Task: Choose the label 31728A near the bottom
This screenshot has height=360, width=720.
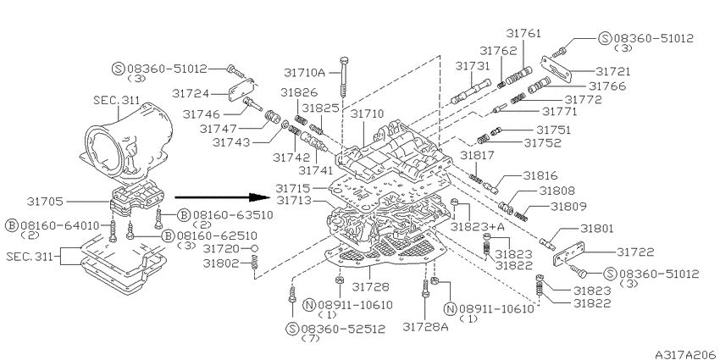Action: [426, 326]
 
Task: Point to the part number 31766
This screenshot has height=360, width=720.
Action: [607, 86]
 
